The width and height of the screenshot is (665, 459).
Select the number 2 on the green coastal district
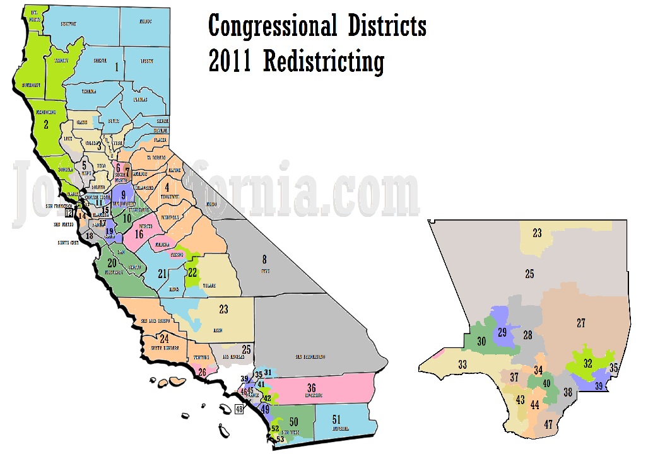click(x=45, y=125)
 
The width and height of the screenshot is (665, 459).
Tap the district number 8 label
click(x=265, y=258)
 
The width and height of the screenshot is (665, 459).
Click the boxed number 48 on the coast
click(x=238, y=410)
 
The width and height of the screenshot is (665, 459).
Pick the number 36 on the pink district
click(x=311, y=387)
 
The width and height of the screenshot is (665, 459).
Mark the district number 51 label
click(x=336, y=420)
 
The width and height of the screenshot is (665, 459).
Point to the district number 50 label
click(x=293, y=421)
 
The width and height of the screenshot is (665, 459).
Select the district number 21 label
click(x=162, y=274)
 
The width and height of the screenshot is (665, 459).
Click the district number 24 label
click(x=164, y=339)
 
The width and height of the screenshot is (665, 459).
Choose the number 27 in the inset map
click(x=580, y=323)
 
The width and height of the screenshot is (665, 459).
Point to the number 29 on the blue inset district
click(x=503, y=332)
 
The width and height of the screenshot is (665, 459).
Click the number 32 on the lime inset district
click(x=587, y=363)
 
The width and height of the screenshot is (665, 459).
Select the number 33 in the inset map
click(x=462, y=364)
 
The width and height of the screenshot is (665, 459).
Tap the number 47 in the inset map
click(x=548, y=424)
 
